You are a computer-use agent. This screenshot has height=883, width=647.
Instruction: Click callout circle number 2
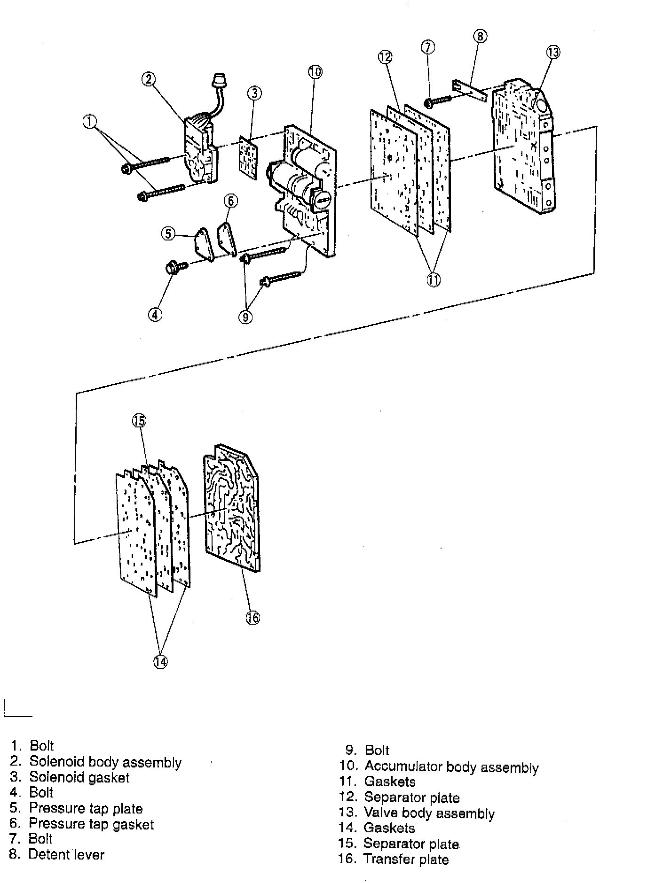coord(149,79)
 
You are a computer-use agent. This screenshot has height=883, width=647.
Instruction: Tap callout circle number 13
coord(553,52)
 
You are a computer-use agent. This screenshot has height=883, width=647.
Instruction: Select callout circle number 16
coord(253,617)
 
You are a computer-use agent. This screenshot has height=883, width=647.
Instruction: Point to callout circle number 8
coord(480,36)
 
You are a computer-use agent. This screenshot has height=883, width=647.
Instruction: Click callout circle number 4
coord(155,314)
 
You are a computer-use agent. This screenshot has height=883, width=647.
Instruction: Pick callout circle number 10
coord(315,72)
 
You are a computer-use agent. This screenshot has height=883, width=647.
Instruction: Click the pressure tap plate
coord(203,244)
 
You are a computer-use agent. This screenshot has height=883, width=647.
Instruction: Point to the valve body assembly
coord(522,150)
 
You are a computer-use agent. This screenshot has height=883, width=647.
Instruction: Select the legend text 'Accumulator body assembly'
coord(451,767)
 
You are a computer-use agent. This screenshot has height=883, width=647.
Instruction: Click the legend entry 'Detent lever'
coord(66,854)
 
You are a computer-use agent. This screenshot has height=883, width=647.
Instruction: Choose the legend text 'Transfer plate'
coord(406,860)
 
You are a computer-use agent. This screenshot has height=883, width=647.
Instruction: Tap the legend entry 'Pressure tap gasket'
coord(91,824)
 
